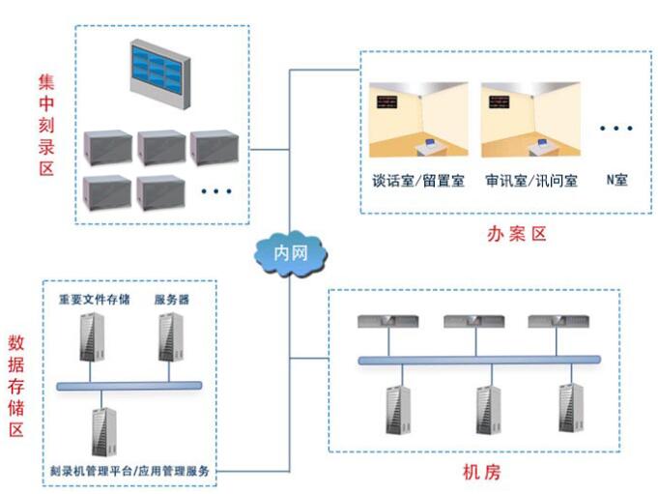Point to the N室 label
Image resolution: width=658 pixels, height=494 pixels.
point(616,180)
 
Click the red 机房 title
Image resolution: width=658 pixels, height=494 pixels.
point(480,474)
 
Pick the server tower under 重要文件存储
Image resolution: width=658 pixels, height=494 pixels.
point(94,339)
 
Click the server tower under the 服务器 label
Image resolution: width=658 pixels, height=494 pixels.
point(171,339)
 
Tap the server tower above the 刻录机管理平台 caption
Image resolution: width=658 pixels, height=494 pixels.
point(102,429)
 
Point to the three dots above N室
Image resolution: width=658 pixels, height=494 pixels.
point(615,128)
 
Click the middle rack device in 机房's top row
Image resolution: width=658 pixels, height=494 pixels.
point(472,322)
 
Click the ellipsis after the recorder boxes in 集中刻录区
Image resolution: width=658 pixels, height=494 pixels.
point(216,191)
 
